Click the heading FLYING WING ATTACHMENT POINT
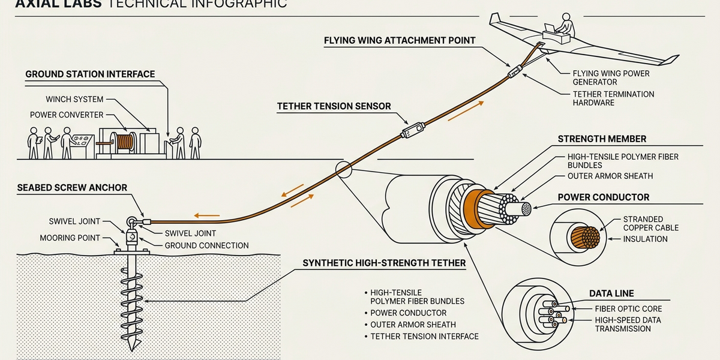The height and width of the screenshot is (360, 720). click(x=400, y=41)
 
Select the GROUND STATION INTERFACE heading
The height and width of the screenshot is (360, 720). click(x=90, y=74)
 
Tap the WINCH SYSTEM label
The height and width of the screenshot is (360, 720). click(x=74, y=99)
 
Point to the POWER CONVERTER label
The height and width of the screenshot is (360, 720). click(x=67, y=115)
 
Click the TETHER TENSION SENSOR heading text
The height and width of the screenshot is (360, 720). click(x=334, y=106)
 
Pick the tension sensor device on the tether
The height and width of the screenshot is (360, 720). click(x=413, y=130)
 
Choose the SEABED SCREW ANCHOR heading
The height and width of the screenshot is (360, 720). click(x=72, y=188)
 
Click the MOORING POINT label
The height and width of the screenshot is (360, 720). click(x=70, y=238)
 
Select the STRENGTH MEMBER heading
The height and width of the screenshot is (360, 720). click(x=602, y=139)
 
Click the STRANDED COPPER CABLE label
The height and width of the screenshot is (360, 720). click(x=651, y=223)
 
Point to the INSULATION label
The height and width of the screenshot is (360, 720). click(x=645, y=239)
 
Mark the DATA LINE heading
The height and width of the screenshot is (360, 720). click(x=611, y=294)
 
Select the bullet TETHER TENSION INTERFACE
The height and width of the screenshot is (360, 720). click(x=424, y=336)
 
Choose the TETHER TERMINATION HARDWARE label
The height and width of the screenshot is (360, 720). click(x=613, y=98)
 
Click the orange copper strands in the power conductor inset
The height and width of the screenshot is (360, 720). click(x=584, y=237)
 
